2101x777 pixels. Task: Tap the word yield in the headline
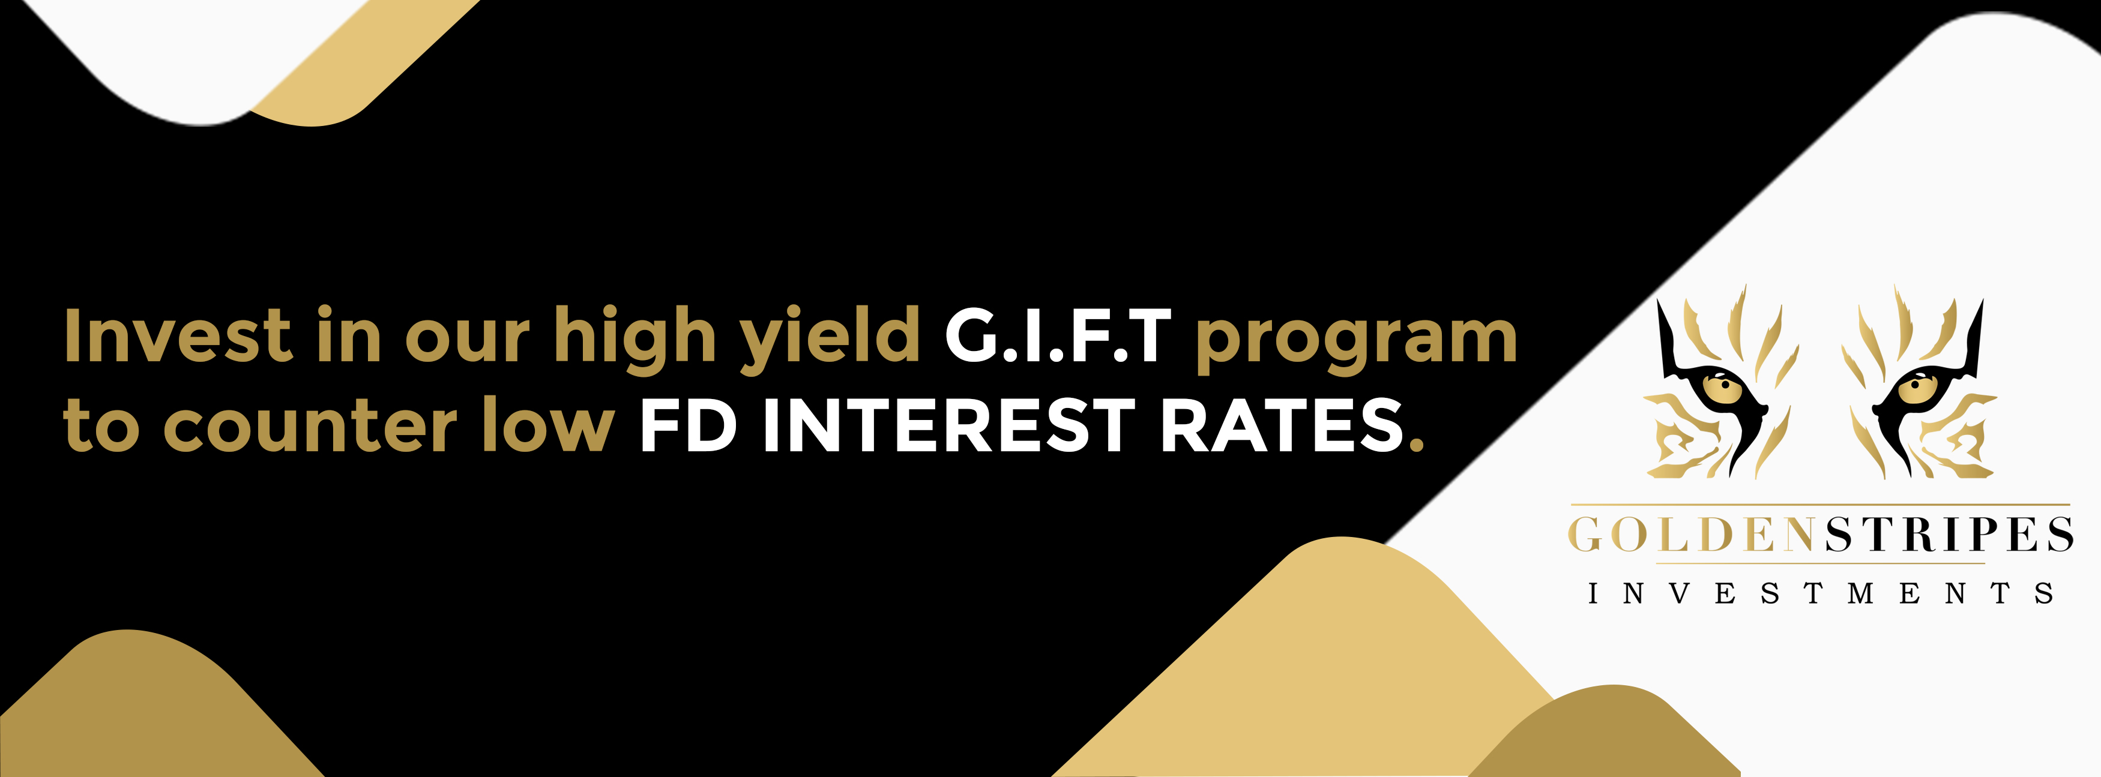tap(830, 338)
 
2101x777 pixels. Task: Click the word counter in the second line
tap(310, 425)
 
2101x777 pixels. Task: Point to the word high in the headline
tap(635, 338)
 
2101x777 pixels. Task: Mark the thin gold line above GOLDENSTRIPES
tap(1821, 505)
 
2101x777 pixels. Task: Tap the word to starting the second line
tap(101, 425)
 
